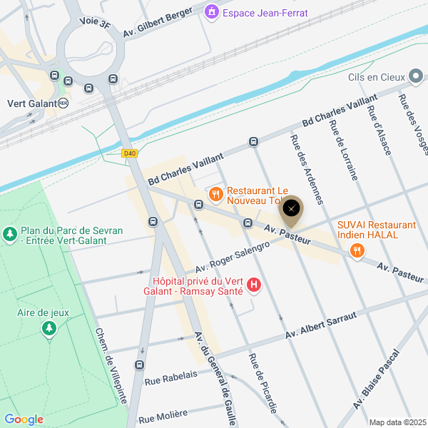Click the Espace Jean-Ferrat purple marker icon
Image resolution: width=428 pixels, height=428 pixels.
click(x=212, y=12)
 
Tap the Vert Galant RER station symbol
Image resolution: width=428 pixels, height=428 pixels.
click(x=63, y=103)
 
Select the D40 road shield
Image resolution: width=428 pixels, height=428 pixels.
click(x=129, y=153)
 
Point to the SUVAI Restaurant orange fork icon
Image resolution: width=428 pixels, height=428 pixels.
click(x=357, y=250)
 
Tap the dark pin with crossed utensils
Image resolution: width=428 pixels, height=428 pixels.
click(x=292, y=208)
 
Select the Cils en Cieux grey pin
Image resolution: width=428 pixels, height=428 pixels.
click(x=417, y=77)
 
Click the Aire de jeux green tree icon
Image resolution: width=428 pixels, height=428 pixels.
click(x=49, y=328)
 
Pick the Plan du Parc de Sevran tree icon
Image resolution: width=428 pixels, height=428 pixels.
click(x=10, y=233)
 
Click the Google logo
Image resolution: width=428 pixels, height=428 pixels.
click(x=24, y=419)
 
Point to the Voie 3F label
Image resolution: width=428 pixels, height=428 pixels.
click(x=95, y=22)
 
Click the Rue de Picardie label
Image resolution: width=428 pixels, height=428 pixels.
click(x=263, y=381)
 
